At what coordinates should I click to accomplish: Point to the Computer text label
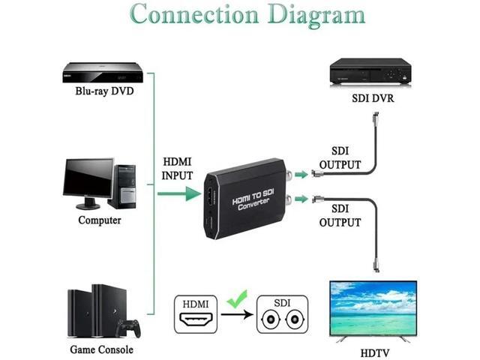pyautogui.click(x=100, y=220)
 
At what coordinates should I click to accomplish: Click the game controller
pyautogui.click(x=130, y=328)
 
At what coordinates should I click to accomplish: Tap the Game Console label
pyautogui.click(x=101, y=349)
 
